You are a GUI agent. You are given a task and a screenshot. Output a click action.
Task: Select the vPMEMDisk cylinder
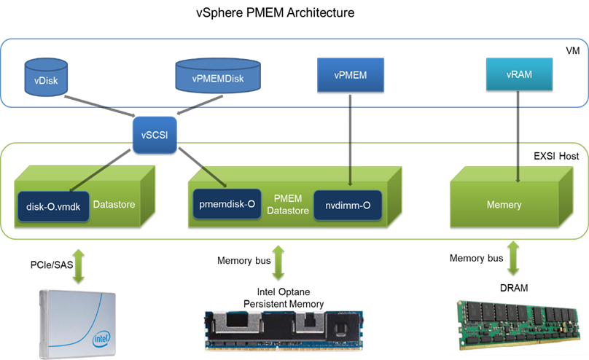point(217,77)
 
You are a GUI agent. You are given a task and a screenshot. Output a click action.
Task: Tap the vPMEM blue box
point(350,75)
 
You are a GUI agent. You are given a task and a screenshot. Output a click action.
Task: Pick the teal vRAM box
point(520,74)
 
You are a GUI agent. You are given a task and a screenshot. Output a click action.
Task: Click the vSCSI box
point(155,135)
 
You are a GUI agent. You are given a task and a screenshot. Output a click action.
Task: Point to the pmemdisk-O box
point(225,205)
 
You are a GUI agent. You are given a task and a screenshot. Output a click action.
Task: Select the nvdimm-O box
point(348,206)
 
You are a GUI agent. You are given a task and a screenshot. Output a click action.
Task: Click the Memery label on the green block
point(504,205)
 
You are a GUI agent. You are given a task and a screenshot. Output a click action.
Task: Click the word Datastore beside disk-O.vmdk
point(114,206)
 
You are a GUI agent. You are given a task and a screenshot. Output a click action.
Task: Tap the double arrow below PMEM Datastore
point(278,262)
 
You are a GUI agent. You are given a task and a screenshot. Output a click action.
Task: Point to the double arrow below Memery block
point(513,258)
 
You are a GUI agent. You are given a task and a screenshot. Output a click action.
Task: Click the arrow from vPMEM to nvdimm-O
point(351,138)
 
